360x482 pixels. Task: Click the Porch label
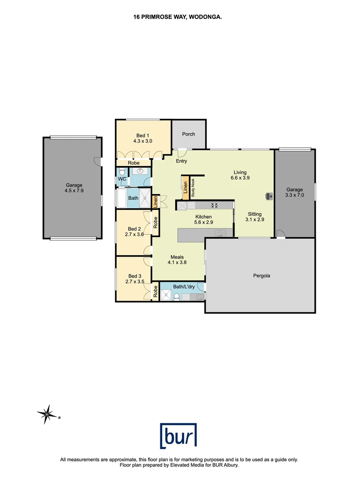[x=188, y=134]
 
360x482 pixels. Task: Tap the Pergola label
[x=260, y=276]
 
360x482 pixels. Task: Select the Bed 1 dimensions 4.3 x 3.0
[x=143, y=141]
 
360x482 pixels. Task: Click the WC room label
[x=121, y=179]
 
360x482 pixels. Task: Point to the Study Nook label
[x=193, y=187]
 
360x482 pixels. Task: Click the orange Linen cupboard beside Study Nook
[x=184, y=187]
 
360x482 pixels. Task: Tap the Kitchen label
[x=203, y=217]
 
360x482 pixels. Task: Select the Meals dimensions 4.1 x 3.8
[x=177, y=262]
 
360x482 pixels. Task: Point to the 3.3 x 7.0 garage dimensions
[x=295, y=195]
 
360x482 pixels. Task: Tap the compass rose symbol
[x=46, y=415]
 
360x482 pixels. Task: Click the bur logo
[x=179, y=435]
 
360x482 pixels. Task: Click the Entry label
[x=182, y=161]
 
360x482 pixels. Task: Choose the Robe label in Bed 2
[x=155, y=222]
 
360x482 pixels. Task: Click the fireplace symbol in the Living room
[x=269, y=195]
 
